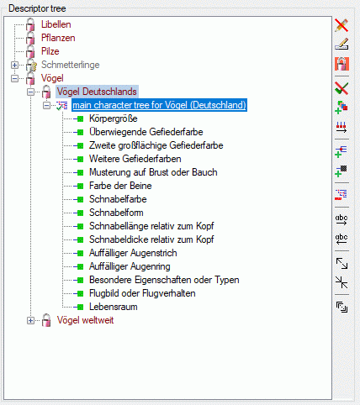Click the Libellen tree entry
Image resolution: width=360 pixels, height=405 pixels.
(x=56, y=24)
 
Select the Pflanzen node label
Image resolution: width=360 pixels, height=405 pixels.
(x=58, y=38)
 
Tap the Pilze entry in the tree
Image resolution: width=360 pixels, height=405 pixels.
(x=50, y=51)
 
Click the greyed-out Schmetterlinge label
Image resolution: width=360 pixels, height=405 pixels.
(x=71, y=65)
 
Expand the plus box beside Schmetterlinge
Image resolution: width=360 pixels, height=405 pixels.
(x=14, y=65)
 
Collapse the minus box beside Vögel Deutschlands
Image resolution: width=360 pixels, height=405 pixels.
(x=30, y=92)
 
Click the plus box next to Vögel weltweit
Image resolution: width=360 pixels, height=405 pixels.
(x=30, y=320)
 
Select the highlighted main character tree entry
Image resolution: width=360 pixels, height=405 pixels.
(x=159, y=105)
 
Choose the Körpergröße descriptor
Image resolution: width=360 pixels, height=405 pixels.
(x=114, y=118)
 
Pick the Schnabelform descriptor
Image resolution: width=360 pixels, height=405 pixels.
(x=116, y=213)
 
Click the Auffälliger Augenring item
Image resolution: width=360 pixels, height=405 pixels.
(x=130, y=266)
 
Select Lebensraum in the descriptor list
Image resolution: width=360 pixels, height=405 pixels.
(x=114, y=307)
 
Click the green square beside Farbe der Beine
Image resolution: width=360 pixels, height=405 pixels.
(x=80, y=186)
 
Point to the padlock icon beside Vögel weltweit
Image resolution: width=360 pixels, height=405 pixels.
(x=46, y=320)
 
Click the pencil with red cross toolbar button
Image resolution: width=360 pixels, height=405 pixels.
(x=341, y=25)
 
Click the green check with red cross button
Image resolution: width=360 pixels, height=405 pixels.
(x=341, y=88)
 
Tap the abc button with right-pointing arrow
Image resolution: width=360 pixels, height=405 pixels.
(x=341, y=219)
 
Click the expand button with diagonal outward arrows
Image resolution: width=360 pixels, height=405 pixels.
(x=341, y=263)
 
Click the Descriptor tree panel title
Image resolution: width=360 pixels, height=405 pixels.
(x=37, y=8)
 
